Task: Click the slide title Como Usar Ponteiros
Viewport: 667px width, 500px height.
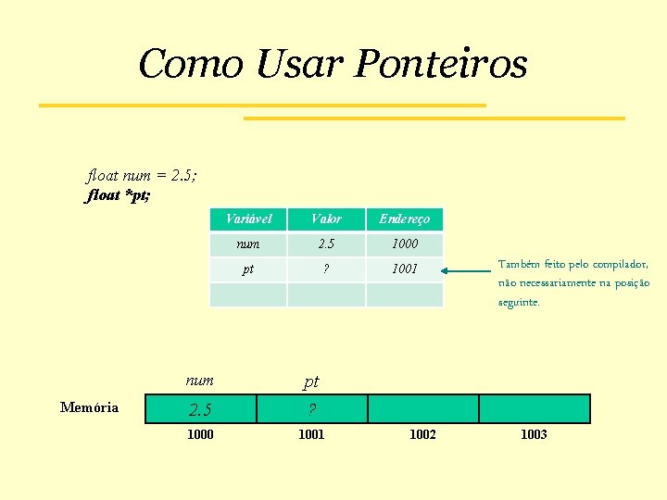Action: pos(333,64)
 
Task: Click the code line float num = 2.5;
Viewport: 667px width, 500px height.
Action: pos(141,175)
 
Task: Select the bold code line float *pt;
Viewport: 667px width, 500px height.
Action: pos(118,195)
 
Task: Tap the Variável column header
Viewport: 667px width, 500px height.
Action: pos(248,219)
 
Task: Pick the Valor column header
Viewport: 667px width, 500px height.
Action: pos(326,219)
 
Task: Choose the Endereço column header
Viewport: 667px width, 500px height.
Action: pos(404,219)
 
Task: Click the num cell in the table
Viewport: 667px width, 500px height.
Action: pos(248,244)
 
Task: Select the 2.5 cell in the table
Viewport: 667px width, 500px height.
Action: pos(326,244)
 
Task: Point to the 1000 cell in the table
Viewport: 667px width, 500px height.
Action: pos(404,244)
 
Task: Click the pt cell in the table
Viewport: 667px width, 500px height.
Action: pos(248,269)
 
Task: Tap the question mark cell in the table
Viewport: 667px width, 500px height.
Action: pos(326,269)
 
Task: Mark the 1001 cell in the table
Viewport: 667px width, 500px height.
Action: pos(404,269)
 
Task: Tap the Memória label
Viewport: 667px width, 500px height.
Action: pos(89,407)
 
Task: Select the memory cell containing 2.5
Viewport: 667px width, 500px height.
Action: pos(200,409)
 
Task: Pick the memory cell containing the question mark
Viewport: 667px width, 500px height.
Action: pos(311,409)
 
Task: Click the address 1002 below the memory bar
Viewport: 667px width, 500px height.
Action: pos(422,434)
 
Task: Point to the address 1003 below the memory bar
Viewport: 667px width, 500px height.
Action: pos(534,434)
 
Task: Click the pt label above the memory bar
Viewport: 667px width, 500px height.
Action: pos(311,381)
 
